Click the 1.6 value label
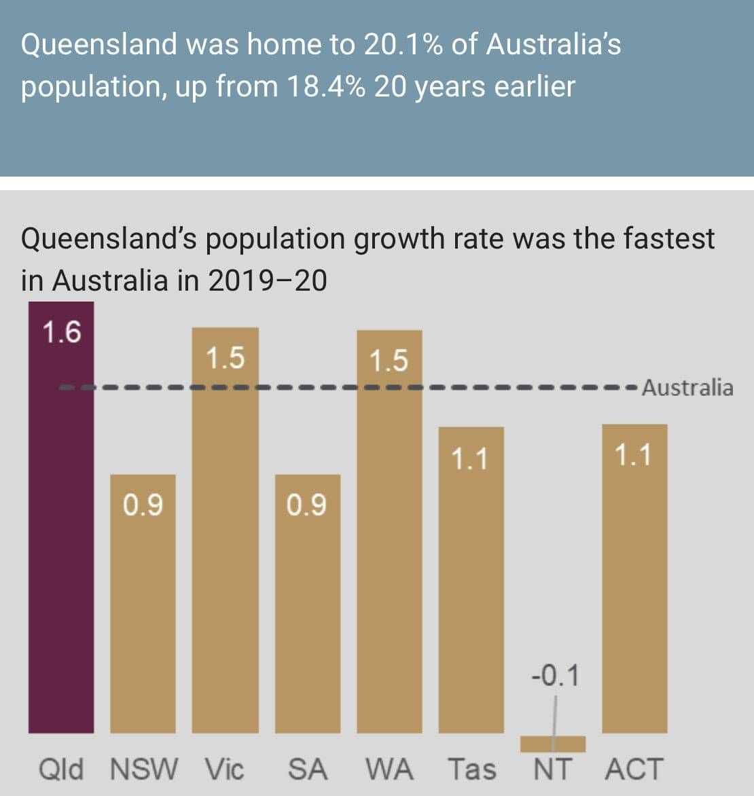coord(61,333)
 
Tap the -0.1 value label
coord(555,676)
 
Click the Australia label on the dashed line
coord(687,388)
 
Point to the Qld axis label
coord(61,770)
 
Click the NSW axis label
coord(143,770)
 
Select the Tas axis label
coord(472,770)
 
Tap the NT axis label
coord(552,770)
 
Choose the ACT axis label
coord(634,770)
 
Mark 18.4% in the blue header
coord(326,87)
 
